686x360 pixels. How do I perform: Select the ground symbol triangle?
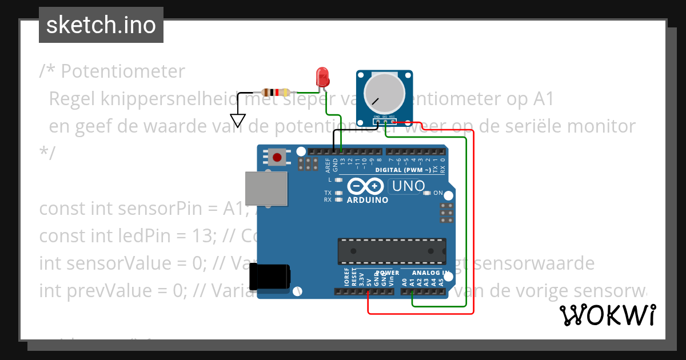pos(239,121)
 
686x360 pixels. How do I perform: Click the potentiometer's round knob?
pos(384,94)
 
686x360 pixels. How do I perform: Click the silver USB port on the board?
pos(266,188)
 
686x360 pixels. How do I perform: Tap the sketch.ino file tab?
pos(101,25)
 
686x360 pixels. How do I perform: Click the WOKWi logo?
pos(607,315)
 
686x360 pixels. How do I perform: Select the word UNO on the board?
pos(407,186)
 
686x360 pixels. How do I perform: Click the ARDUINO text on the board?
pos(368,200)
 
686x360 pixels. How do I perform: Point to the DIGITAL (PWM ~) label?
pos(403,170)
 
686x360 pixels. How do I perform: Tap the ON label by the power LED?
pos(438,193)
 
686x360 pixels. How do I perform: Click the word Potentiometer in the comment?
pos(123,71)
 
